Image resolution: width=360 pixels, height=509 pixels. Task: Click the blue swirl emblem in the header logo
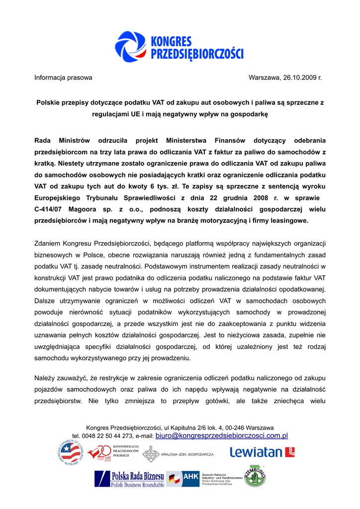click(131, 46)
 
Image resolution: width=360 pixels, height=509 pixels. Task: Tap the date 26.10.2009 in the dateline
click(300, 78)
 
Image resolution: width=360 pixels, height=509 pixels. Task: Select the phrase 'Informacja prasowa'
click(63, 78)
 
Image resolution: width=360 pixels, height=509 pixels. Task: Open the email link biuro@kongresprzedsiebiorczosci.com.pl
click(222, 436)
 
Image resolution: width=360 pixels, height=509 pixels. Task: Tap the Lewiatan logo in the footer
click(262, 452)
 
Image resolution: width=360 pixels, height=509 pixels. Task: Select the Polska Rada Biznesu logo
click(129, 479)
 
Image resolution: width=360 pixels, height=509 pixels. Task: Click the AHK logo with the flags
click(183, 478)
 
